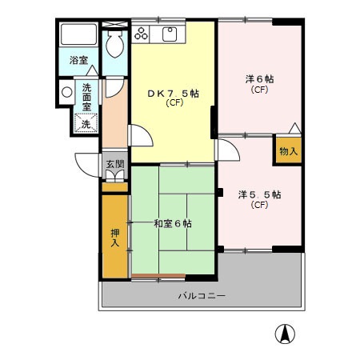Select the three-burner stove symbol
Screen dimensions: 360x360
(x=142, y=34)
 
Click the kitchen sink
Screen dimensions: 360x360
(x=170, y=34)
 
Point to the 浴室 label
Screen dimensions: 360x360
(x=78, y=61)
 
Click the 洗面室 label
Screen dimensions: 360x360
(x=86, y=96)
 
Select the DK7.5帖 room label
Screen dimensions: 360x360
(x=173, y=94)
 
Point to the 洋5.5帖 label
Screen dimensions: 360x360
(x=258, y=194)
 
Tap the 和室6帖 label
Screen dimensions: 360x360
(x=172, y=223)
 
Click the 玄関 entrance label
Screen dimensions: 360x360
(x=115, y=165)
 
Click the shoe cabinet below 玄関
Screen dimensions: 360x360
(x=115, y=177)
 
